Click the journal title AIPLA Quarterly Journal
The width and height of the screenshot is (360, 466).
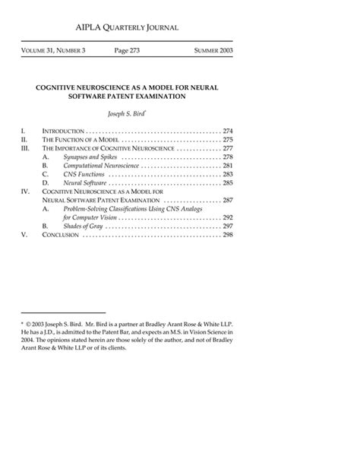pyautogui.click(x=128, y=28)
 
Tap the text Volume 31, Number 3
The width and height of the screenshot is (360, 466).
pyautogui.click(x=52, y=50)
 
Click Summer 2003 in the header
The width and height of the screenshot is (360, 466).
pyautogui.click(x=213, y=50)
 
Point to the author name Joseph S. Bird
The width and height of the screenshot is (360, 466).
pyautogui.click(x=125, y=113)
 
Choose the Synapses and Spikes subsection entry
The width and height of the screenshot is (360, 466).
pyautogui.click(x=90, y=157)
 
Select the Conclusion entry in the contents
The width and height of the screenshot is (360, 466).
pyautogui.click(x=60, y=235)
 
